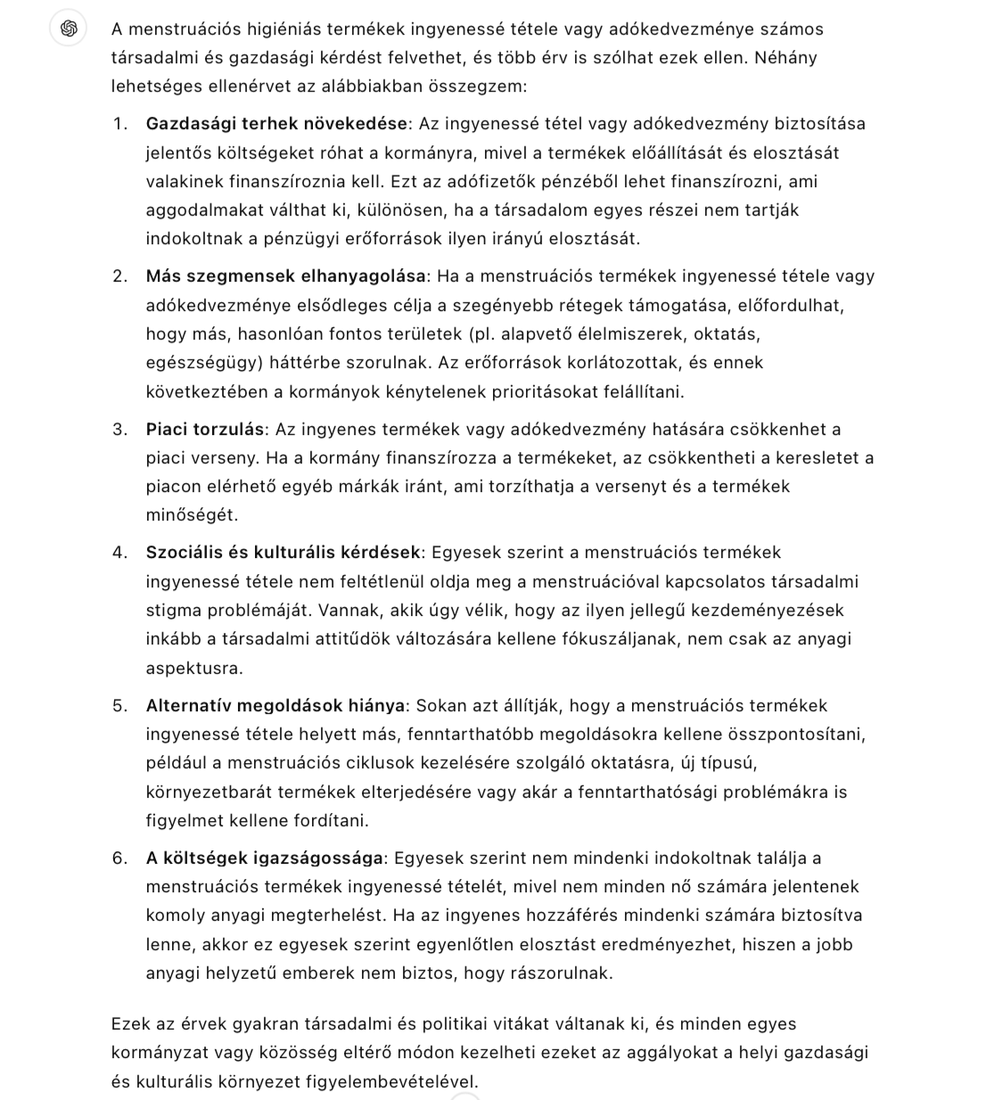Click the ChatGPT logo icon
69,29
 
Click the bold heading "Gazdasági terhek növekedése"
275,124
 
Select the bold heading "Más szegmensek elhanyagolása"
286,276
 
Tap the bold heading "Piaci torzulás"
205,430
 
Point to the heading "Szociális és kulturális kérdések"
283,553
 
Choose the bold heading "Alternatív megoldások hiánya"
275,706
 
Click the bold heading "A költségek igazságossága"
265,858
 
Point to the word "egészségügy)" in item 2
201,363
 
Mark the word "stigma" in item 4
173,611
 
